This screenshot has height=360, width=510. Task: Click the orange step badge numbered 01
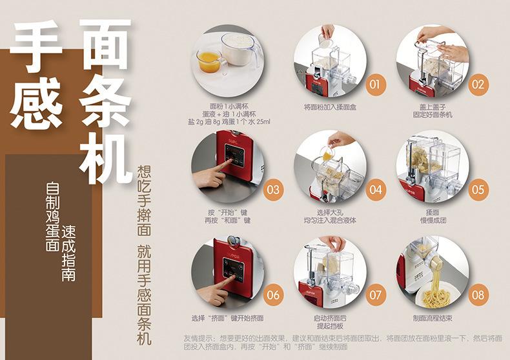[375, 85]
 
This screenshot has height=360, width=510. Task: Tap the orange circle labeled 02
[478, 85]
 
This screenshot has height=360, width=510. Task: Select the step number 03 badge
[273, 190]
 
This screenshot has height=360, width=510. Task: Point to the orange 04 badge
[376, 190]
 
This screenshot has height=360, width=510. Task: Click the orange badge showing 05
[478, 190]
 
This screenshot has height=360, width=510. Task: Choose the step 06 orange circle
[273, 295]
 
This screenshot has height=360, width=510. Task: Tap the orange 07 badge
[376, 295]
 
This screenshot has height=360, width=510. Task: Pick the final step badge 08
[478, 295]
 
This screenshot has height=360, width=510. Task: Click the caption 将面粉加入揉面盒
[330, 107]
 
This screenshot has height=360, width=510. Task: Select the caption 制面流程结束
[433, 318]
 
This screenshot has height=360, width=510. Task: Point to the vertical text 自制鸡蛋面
[52, 217]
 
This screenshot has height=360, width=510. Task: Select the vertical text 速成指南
[68, 254]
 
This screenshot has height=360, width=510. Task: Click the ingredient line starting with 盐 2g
[229, 122]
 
